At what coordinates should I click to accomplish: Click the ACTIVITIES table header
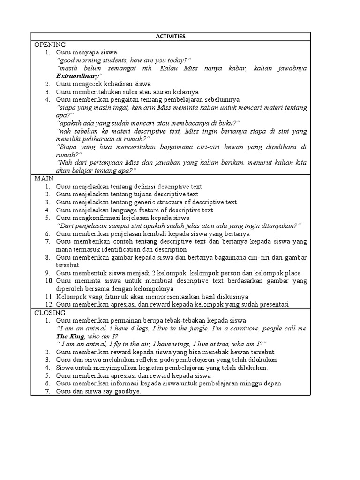click(171, 36)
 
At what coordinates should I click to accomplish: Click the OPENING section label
click(50, 44)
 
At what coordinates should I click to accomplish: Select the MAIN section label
click(44, 179)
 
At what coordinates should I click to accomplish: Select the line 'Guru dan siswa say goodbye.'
click(98, 391)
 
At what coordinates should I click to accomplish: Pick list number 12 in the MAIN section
click(49, 305)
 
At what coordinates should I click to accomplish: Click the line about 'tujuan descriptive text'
click(127, 194)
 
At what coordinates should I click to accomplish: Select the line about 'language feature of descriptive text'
click(135, 210)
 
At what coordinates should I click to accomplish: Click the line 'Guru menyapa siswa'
click(86, 52)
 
